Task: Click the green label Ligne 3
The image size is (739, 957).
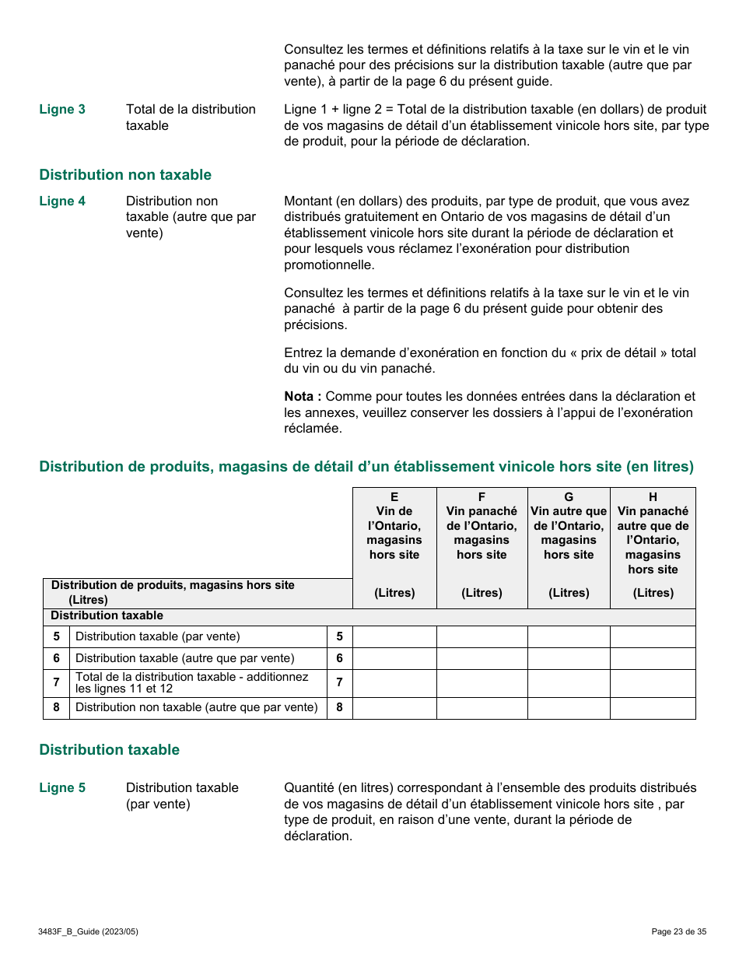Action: click(x=62, y=110)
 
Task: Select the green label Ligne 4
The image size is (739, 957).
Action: click(x=62, y=202)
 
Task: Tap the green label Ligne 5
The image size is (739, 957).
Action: click(x=62, y=788)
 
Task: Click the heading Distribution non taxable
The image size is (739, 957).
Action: click(x=125, y=175)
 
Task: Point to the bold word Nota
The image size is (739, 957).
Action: click(x=301, y=397)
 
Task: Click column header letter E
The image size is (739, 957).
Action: click(x=394, y=497)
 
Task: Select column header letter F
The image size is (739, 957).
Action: click(x=482, y=497)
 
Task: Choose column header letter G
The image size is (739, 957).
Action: click(x=569, y=497)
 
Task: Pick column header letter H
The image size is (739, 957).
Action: click(x=653, y=497)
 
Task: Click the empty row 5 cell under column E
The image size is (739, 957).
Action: click(x=394, y=637)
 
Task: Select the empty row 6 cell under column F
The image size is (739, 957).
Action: click(x=482, y=659)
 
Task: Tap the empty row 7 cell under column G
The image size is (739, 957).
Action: click(x=569, y=683)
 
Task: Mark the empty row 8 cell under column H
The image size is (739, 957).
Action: click(x=653, y=708)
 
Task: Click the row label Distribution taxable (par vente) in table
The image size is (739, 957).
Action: click(x=158, y=637)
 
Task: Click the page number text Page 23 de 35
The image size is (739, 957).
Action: click(x=678, y=931)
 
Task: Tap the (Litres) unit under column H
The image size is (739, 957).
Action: click(x=653, y=593)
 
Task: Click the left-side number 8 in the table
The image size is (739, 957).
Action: click(x=56, y=708)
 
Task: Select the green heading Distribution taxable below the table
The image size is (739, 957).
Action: click(x=110, y=750)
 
